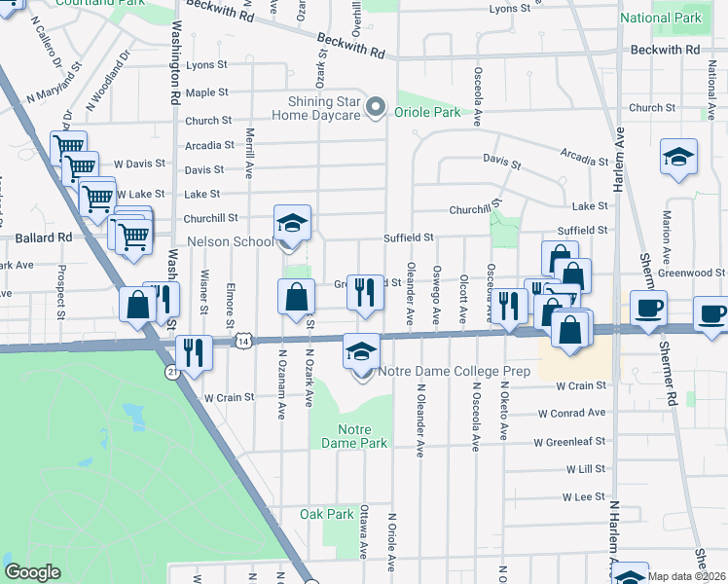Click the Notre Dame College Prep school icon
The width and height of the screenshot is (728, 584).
pyautogui.click(x=361, y=352)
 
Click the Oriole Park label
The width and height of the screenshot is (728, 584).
pyautogui.click(x=427, y=112)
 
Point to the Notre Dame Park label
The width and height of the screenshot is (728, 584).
pyautogui.click(x=362, y=436)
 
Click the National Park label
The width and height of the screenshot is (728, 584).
pyautogui.click(x=660, y=18)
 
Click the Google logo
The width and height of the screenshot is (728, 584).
pyautogui.click(x=32, y=572)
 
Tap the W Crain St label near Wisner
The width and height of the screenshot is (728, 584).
pyautogui.click(x=229, y=397)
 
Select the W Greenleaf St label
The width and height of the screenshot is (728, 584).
pyautogui.click(x=569, y=442)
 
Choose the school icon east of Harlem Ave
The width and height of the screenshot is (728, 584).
pyautogui.click(x=678, y=157)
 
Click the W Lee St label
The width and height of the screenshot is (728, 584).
pyautogui.click(x=583, y=496)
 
